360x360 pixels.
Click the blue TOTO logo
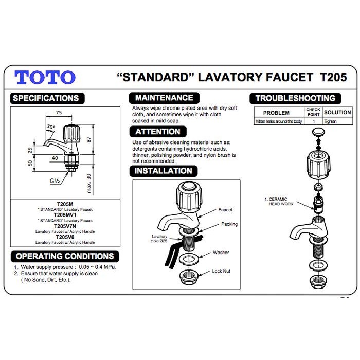coord(45,78)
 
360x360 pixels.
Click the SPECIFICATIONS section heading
coord(46,98)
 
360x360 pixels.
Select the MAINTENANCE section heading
coord(164,98)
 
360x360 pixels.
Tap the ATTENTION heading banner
coord(157,132)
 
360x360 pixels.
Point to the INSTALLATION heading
coord(163,171)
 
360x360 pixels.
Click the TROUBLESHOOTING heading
coord(295,98)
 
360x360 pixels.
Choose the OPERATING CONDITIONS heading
coord(65,256)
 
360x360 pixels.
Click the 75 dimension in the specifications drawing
coord(59,112)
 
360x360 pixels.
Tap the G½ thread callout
coord(55,182)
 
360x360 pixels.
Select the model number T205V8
coord(65,237)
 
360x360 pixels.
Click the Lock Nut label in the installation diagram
coord(221,271)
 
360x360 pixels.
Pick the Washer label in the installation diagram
coord(221,253)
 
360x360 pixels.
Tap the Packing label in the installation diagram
coord(229,224)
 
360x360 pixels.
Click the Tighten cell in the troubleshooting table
coord(330,122)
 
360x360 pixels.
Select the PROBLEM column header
coord(276,113)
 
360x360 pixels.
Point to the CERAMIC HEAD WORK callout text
coord(281,202)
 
